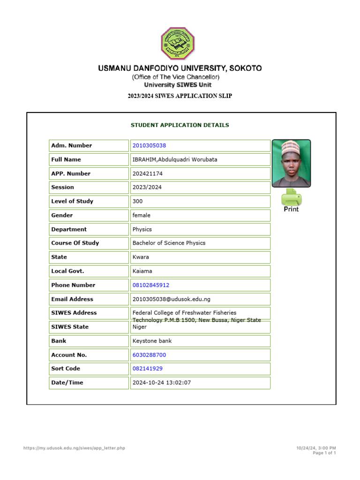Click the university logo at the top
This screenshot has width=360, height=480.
[178, 44]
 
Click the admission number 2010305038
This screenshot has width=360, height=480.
[149, 146]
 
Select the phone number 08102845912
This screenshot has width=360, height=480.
[151, 285]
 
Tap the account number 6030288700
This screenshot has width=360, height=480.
[149, 355]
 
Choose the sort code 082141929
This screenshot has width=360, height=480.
[148, 369]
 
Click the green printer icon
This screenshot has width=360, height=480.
[291, 197]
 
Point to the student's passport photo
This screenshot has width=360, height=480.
[291, 163]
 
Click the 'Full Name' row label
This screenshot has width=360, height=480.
[66, 159]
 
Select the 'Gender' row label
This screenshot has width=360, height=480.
[62, 215]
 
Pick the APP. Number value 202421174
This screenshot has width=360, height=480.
[147, 173]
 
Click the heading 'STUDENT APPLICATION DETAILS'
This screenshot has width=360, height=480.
[180, 125]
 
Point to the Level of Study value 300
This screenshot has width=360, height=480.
[138, 201]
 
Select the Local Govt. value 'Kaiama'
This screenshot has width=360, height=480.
[142, 271]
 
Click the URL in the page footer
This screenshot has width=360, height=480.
[74, 448]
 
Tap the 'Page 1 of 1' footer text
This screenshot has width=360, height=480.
[324, 453]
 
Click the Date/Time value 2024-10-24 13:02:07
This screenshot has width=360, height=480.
[162, 382]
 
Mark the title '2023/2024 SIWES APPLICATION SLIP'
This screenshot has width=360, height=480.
[180, 96]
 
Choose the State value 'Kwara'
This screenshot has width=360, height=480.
[141, 257]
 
